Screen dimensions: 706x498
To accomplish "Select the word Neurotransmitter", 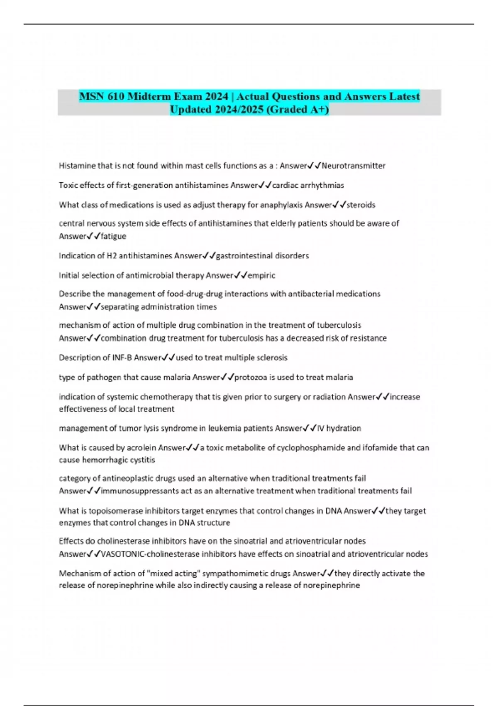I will point(353,166).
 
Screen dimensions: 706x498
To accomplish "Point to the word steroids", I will point(361,205).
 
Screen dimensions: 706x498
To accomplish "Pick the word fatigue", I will point(113,236).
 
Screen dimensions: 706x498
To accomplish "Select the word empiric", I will point(261,275).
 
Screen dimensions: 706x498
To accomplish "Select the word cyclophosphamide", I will point(311,448).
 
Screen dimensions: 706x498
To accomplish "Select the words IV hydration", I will point(339,428).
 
